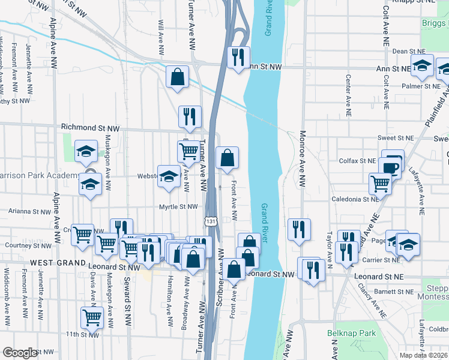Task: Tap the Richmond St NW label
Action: coord(91,128)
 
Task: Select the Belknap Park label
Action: coord(343,333)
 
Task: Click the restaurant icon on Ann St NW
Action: coord(239,58)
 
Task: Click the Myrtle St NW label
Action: coord(178,207)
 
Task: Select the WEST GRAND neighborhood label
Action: coord(56,263)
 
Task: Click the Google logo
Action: coord(20,353)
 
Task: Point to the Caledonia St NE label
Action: coord(355,199)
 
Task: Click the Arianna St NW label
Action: coord(30,212)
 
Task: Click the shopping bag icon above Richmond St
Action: coord(178,77)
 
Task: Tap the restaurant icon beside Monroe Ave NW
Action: coord(298,230)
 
